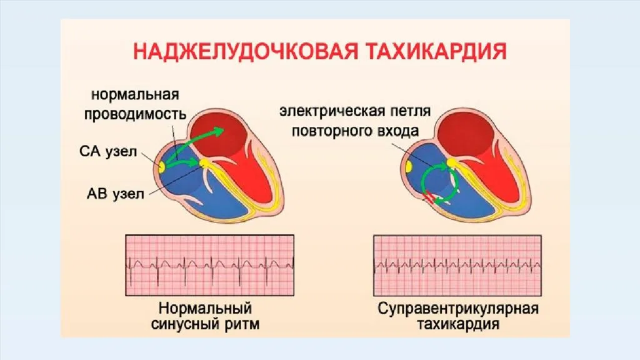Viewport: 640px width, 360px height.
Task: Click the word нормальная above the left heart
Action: coord(136,96)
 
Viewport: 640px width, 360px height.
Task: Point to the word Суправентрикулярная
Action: coord(458,309)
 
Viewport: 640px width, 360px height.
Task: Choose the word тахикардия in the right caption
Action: coord(458,325)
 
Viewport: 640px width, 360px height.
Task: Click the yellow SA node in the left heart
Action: coord(162,166)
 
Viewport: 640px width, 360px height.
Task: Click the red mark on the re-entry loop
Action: coord(430,199)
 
